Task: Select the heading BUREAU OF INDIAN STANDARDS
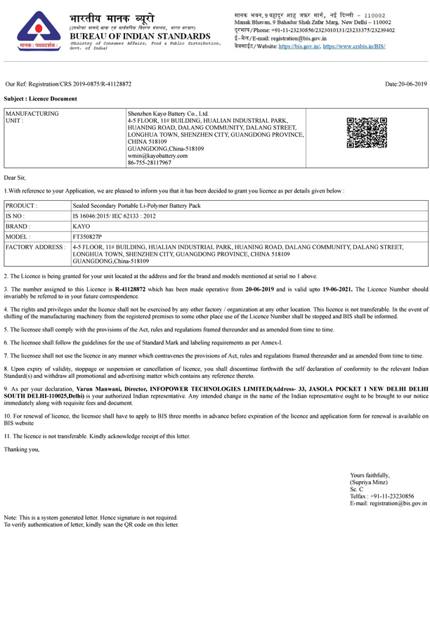(x=141, y=36)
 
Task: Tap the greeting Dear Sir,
(x=15, y=179)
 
